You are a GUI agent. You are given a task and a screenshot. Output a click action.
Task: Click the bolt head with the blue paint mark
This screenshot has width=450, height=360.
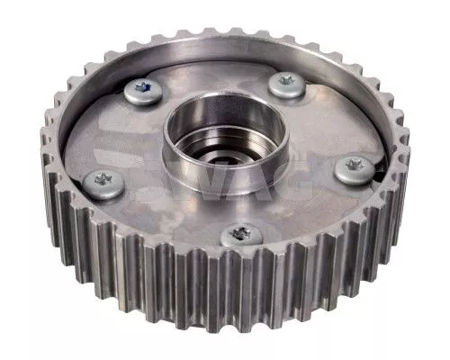coord(143,89)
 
